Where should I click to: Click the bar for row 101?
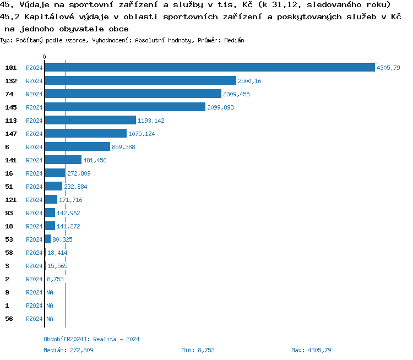(210, 68)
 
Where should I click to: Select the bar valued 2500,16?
(140, 81)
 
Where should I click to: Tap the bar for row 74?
(133, 94)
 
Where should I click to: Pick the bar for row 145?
(125, 107)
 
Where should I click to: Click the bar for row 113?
(90, 121)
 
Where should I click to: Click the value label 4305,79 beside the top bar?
(388, 68)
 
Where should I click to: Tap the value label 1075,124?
(142, 134)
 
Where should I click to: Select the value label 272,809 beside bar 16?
(79, 173)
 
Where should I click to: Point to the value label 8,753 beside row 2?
(55, 279)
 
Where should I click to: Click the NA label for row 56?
(50, 319)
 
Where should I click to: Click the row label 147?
(11, 134)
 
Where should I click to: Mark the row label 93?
(9, 213)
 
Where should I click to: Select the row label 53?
(9, 239)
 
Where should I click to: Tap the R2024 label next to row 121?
(34, 200)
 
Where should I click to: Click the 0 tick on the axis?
(45, 57)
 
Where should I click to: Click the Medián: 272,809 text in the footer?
(68, 350)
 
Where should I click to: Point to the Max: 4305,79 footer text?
(311, 350)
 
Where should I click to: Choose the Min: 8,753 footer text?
(198, 350)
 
